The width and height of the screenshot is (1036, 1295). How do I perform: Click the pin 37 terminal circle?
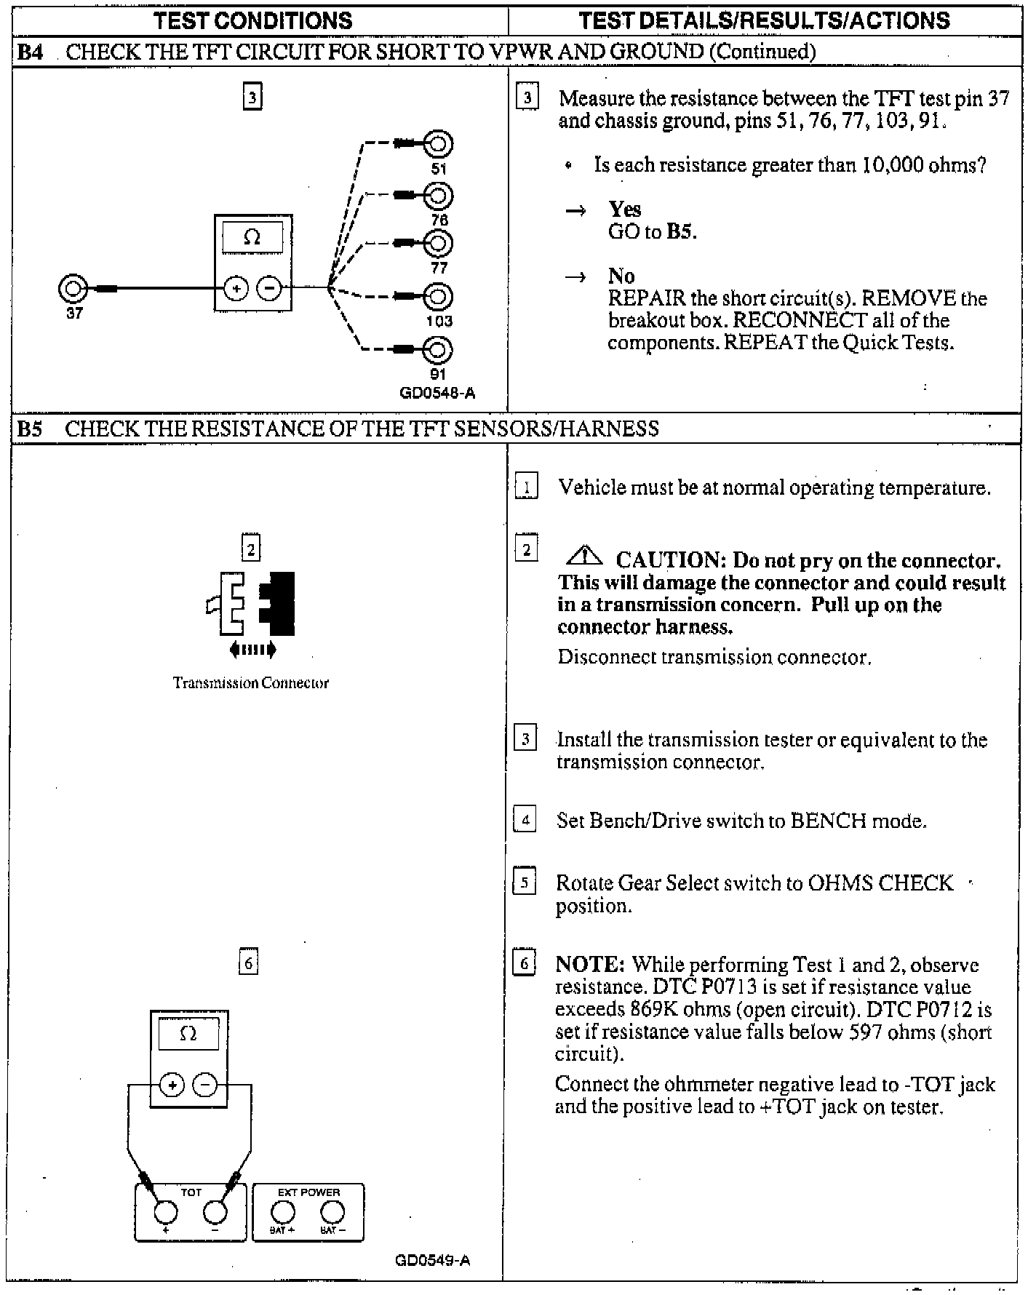click(x=73, y=289)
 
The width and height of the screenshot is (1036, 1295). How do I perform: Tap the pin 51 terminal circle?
click(x=439, y=144)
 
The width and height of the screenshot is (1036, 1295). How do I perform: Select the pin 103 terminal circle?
click(x=439, y=296)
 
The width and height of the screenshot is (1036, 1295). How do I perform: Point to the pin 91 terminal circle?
click(x=439, y=351)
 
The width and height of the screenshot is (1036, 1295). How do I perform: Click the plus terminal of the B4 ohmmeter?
click(x=236, y=289)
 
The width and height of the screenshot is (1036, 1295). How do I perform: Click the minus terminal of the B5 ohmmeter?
click(x=206, y=1085)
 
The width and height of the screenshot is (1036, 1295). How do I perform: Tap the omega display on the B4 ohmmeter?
click(x=252, y=237)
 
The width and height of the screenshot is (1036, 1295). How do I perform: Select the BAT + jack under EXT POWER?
click(x=283, y=1211)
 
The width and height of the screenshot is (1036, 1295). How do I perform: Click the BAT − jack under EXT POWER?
click(x=332, y=1211)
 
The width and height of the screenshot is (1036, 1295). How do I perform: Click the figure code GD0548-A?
click(x=437, y=394)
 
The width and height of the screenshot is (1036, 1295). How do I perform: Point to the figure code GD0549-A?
click(x=433, y=1260)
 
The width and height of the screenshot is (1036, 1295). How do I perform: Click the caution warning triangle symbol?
click(x=584, y=557)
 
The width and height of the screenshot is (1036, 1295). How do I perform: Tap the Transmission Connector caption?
click(x=251, y=683)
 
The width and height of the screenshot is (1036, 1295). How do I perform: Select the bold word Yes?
click(x=625, y=210)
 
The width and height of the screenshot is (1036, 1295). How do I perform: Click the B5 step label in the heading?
click(x=30, y=429)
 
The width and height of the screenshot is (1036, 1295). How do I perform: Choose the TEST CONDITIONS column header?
click(x=254, y=20)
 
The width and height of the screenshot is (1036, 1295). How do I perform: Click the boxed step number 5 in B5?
click(x=525, y=882)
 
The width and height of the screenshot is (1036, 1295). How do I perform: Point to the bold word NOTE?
click(x=590, y=965)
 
